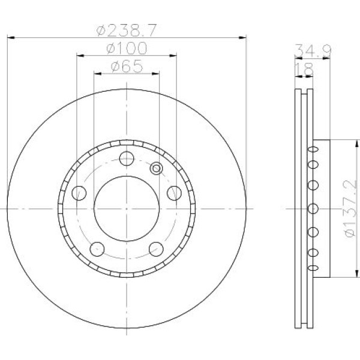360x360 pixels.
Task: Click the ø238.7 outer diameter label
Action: click(x=127, y=28)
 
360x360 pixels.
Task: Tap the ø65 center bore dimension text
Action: click(x=127, y=67)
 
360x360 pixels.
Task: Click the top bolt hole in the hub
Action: click(x=127, y=158)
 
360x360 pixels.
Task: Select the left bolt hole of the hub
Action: click(x=79, y=193)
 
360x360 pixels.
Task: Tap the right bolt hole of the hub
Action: click(x=174, y=193)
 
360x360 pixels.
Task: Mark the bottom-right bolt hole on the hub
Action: click(x=156, y=248)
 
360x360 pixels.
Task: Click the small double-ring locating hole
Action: click(x=157, y=169)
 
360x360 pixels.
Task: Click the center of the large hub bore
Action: click(x=127, y=208)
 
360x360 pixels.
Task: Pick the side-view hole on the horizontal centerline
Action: click(x=312, y=208)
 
